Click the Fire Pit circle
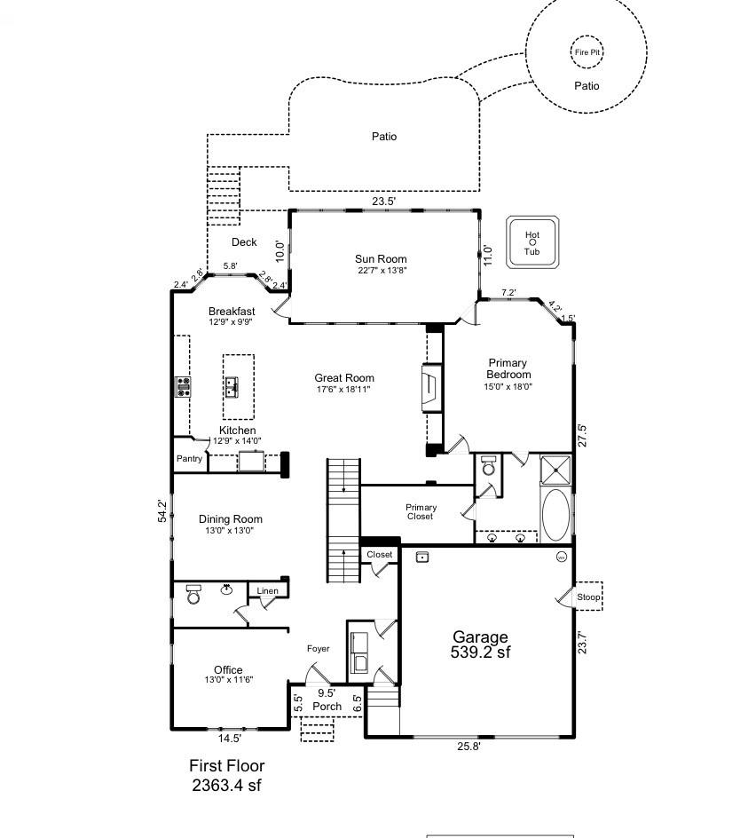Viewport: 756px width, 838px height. coord(587,36)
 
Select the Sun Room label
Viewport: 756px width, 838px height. coord(381,258)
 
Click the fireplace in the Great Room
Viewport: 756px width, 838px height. coord(432,388)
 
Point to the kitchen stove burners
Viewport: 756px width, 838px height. coord(184,386)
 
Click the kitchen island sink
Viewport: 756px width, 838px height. coord(232,387)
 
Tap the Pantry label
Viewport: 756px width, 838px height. coord(190,459)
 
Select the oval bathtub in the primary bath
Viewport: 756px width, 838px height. coord(555,515)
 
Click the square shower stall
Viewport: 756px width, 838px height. coord(555,470)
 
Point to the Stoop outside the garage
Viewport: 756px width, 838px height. coord(588,597)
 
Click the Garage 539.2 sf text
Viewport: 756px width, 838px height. coord(480,644)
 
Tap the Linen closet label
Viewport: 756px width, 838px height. coord(268,590)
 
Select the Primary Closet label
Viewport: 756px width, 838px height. coord(421,511)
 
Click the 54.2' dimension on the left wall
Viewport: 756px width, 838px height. coord(162,511)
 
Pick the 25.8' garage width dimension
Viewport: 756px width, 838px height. coord(469,746)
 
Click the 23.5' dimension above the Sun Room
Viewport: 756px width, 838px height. coord(383,202)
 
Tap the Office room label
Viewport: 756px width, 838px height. coord(228,669)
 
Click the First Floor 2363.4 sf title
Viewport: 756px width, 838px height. coord(227,775)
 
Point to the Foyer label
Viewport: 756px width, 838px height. coord(318,649)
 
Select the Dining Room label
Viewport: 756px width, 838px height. coord(231,519)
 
